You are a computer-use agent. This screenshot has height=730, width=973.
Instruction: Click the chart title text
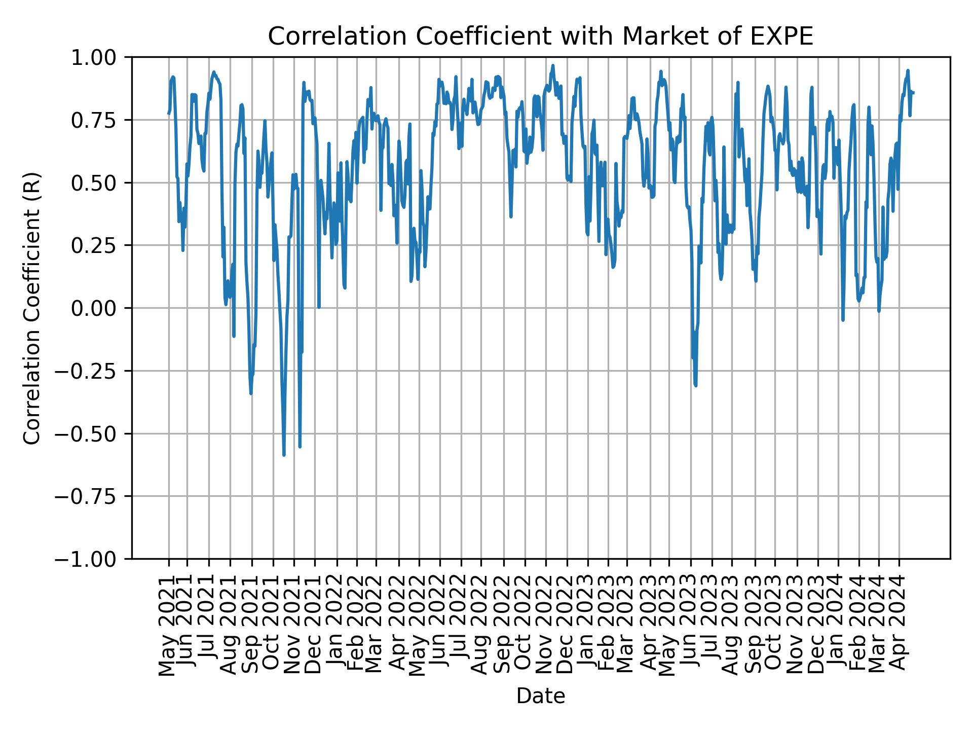[x=540, y=36]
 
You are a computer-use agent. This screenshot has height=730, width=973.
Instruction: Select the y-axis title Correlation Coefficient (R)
[x=32, y=308]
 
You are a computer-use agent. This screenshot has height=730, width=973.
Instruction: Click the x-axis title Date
[x=540, y=697]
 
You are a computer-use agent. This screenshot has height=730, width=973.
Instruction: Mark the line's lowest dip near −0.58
[x=284, y=455]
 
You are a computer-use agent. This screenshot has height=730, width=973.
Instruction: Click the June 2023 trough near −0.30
[x=696, y=385]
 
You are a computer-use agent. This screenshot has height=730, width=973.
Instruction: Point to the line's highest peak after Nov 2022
[x=553, y=65]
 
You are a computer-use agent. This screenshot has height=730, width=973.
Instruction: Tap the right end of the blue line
[x=913, y=92]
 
